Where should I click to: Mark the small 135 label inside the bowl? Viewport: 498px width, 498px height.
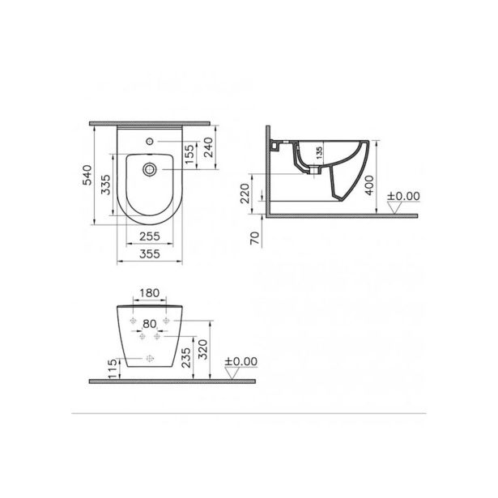317,151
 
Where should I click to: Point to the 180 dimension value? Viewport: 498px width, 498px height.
147,293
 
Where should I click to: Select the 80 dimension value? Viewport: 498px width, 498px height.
148,322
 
